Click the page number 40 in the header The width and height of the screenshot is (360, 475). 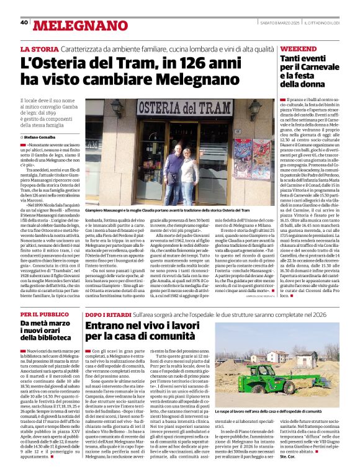[x=24, y=22]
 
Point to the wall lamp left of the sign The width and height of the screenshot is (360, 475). [x=115, y=108]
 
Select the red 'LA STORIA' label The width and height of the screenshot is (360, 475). [x=40, y=48]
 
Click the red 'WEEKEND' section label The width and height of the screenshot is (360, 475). [x=299, y=48]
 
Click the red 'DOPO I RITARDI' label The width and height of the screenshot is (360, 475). [x=109, y=314]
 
